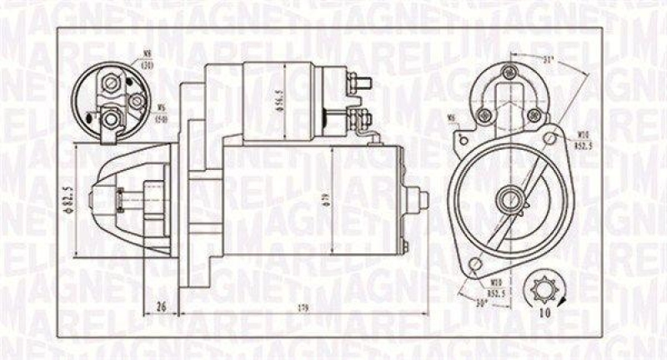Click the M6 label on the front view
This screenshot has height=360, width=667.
click(x=452, y=117)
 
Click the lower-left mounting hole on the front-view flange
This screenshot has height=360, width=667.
click(x=477, y=264)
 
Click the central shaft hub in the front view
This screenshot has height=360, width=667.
click(x=508, y=199)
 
